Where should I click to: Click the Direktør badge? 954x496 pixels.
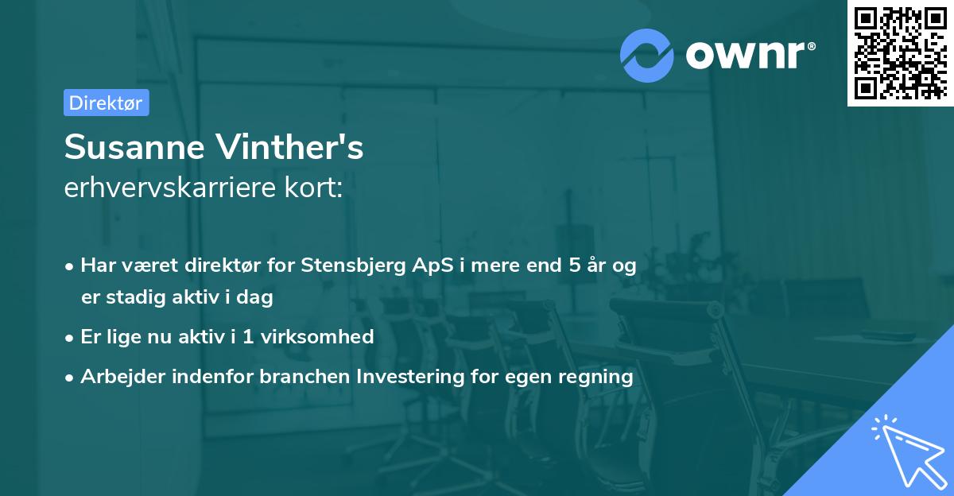pos(106,103)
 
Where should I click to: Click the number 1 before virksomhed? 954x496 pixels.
pos(247,337)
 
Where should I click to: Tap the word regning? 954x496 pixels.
pos(596,377)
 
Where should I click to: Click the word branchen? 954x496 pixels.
pos(297,376)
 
